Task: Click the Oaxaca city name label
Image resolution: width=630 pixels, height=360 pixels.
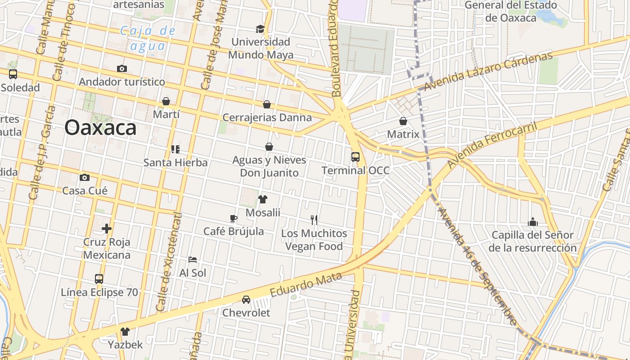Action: [x=100, y=128]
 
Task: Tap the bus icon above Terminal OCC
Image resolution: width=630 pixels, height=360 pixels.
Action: [x=355, y=157]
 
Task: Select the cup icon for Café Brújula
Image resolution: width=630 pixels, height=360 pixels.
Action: [x=233, y=218]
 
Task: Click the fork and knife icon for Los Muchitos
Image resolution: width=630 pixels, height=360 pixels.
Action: [x=314, y=220]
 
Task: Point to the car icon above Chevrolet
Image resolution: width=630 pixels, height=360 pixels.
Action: [x=246, y=299]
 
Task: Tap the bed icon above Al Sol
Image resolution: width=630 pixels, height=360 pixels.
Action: [x=193, y=260]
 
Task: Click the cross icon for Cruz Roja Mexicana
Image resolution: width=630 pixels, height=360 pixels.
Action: [x=107, y=229]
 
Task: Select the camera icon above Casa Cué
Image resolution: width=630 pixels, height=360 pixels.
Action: [x=85, y=177]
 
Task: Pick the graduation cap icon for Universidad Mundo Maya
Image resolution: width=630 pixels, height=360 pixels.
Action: [x=260, y=29]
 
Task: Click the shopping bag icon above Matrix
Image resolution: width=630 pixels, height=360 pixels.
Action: [x=403, y=121]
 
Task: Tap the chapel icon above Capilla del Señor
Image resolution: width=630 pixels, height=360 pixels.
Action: [x=533, y=222]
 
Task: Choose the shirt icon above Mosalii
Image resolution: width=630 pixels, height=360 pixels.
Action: [x=263, y=199]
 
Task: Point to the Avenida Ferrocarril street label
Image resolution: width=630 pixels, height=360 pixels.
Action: [x=492, y=144]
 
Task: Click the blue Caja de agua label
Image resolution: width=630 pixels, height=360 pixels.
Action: [x=148, y=38]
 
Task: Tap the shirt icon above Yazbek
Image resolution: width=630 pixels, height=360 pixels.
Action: [x=125, y=332]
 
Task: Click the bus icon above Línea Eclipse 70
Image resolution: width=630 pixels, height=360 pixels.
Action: [x=99, y=279]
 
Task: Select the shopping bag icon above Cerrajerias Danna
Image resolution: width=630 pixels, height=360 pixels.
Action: [x=267, y=104]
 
